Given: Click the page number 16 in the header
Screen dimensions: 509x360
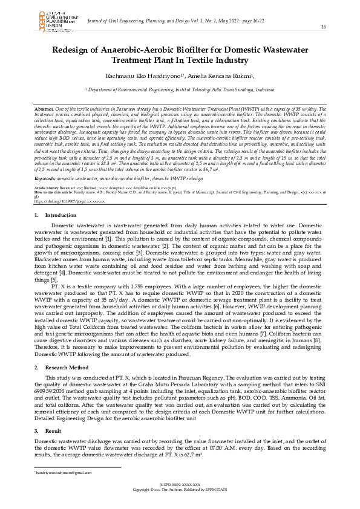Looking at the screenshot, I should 323,27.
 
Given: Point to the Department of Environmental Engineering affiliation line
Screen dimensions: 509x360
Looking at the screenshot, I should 180,89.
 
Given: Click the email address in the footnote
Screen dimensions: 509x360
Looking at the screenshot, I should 67,473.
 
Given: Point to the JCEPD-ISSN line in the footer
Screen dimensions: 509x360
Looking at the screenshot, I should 180,484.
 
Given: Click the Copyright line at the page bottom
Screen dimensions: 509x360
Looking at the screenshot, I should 180,489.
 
